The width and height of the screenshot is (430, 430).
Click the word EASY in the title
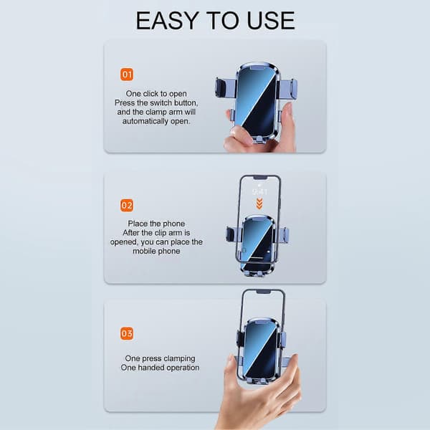pos(167,21)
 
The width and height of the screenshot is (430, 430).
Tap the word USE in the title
pos(271,21)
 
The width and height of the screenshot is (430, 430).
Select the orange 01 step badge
pos(127,75)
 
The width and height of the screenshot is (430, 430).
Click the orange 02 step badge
pos(127,206)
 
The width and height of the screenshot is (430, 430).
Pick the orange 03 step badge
pos(127,334)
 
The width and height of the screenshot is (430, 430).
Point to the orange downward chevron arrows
pos(259,204)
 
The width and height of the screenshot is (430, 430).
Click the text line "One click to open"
pos(156,93)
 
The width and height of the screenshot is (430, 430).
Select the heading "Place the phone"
pos(156,224)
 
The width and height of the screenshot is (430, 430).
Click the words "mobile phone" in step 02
pos(156,251)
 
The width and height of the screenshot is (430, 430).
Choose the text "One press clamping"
pos(160,358)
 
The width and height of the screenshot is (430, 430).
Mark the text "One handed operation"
pos(160,368)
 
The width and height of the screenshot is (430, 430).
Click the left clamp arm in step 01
pos(225,87)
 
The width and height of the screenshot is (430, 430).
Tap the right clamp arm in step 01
pos(288,89)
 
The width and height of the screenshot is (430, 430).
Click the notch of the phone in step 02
pos(260,178)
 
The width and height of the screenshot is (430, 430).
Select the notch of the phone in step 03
pos(264,292)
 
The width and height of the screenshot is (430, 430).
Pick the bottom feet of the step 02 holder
pos(257,273)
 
